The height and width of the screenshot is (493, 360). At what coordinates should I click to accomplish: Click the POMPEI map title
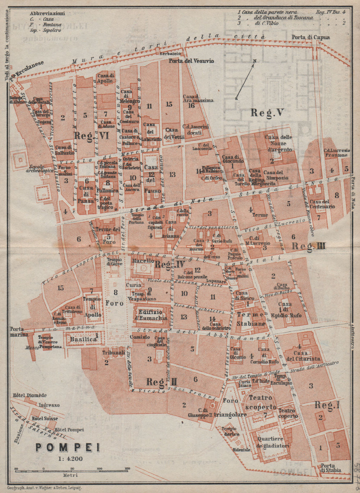pyautogui.click(x=67, y=448)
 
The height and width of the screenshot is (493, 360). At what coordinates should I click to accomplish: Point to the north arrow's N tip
pyautogui.click(x=255, y=61)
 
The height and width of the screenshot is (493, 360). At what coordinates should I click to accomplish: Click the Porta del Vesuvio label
pyautogui.click(x=192, y=61)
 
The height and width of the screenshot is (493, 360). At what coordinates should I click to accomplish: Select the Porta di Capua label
pyautogui.click(x=306, y=37)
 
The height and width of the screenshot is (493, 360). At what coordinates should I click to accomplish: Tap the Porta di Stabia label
pyautogui.click(x=330, y=467)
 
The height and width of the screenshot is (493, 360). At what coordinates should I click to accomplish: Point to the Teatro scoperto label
pyautogui.click(x=260, y=402)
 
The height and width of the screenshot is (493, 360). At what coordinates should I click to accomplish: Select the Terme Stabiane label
pyautogui.click(x=251, y=319)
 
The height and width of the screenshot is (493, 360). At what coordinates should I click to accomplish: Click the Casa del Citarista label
pyautogui.click(x=303, y=356)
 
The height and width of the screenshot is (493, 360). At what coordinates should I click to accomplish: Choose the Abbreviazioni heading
pyautogui.click(x=48, y=13)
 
